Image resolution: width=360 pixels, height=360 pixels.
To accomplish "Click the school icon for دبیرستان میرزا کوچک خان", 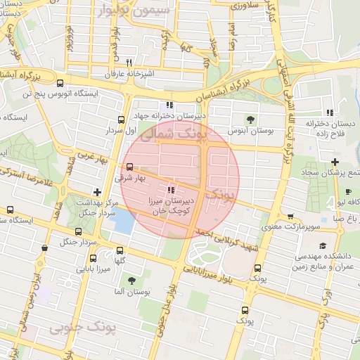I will point(171,190).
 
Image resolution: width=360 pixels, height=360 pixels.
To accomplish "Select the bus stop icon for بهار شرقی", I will point(129,167).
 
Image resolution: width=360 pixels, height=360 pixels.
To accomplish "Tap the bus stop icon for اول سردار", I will point(121,120).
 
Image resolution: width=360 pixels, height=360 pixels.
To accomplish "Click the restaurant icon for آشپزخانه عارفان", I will point(128,62).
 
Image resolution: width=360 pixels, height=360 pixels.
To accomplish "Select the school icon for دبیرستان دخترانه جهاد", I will point(169,105).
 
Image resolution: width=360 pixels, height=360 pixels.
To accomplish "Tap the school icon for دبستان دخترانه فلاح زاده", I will point(328,112).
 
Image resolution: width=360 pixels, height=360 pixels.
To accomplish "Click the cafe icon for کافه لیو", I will point(349,192).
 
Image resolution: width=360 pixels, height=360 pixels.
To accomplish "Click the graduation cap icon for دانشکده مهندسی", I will point(322,245).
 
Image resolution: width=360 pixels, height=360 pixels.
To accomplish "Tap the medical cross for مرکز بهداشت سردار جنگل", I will point(97,192).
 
